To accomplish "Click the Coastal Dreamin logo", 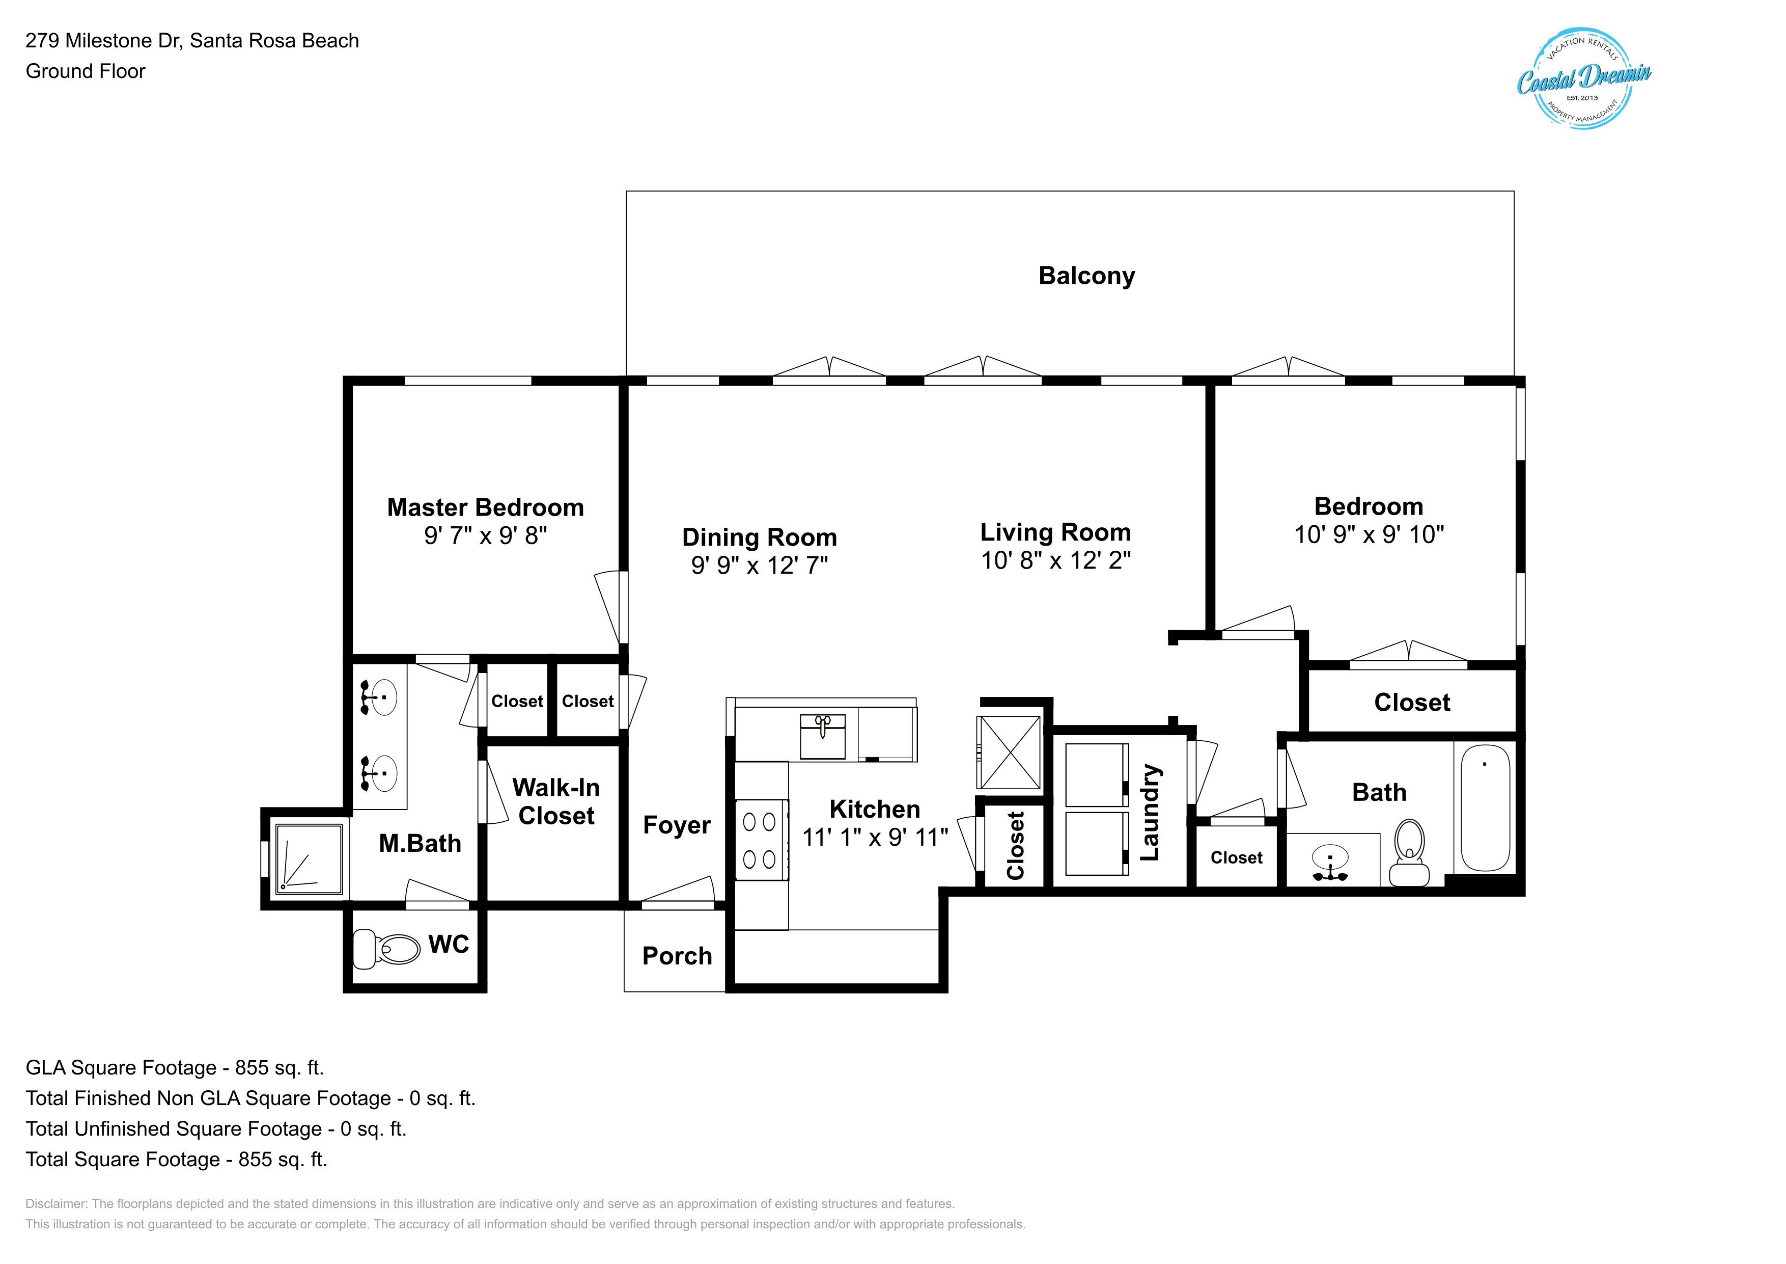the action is (x=1584, y=78).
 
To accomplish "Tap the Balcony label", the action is (x=1086, y=276).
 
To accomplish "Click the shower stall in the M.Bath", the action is (x=309, y=858).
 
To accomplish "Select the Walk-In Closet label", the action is (x=556, y=802).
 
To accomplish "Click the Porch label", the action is (x=677, y=957).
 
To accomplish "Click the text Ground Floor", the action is (x=86, y=72).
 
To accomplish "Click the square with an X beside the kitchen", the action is (x=1009, y=752).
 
